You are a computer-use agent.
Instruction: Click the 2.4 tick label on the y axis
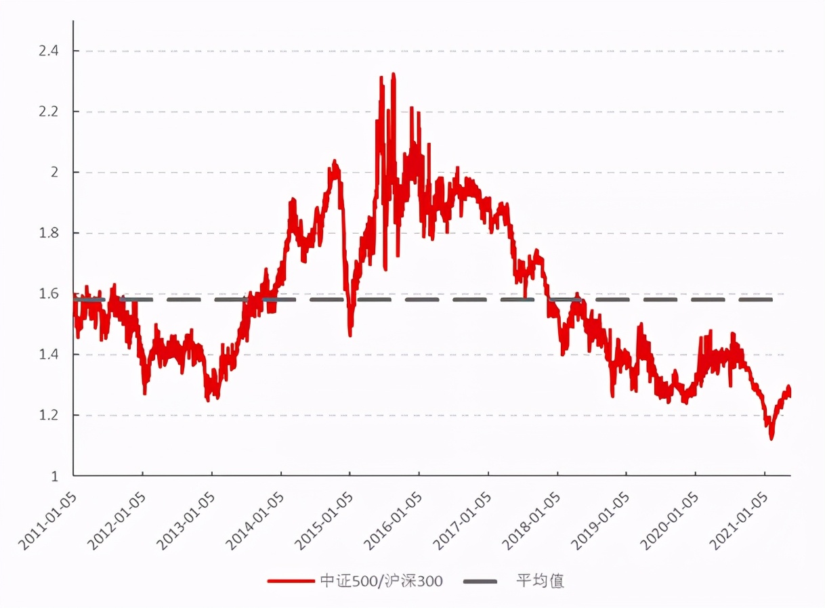click(49, 51)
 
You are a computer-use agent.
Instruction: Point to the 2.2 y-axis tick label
click(49, 112)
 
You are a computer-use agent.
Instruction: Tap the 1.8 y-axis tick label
click(49, 233)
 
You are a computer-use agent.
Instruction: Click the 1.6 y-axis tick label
click(49, 294)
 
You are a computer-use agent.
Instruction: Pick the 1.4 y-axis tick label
click(49, 354)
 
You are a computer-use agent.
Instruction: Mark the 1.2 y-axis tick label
click(49, 415)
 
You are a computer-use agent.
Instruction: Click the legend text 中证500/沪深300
click(381, 581)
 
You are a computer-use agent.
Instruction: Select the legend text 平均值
click(540, 581)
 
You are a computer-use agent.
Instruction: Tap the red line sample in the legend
click(291, 581)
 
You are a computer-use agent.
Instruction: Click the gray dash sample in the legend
click(480, 581)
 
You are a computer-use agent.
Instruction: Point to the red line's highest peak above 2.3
click(394, 74)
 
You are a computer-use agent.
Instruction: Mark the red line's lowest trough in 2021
click(771, 438)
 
